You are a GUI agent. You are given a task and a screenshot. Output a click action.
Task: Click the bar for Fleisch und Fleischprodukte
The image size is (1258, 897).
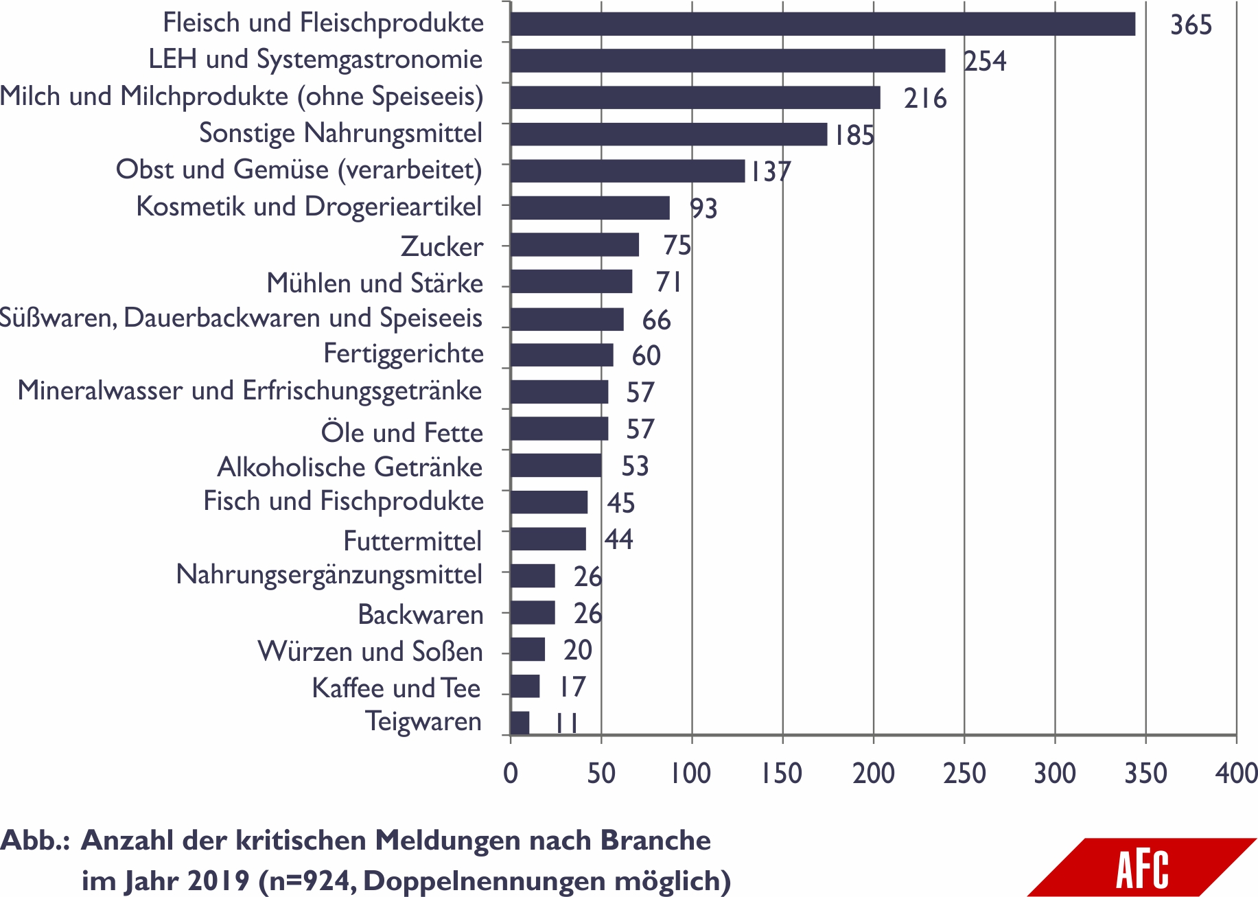(822, 24)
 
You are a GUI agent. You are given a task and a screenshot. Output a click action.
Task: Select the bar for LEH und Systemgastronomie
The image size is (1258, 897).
(727, 60)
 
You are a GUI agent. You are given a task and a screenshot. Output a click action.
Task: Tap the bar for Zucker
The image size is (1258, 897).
(574, 245)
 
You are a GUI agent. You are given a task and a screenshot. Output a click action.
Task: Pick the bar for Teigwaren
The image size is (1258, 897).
(520, 723)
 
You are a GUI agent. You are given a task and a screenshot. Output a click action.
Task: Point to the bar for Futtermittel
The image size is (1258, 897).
(548, 539)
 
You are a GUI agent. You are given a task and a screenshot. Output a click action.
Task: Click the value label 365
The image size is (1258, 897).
(1191, 25)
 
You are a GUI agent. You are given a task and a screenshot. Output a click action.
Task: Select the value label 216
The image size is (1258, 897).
(925, 99)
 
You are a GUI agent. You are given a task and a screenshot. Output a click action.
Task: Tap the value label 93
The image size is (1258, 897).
(703, 209)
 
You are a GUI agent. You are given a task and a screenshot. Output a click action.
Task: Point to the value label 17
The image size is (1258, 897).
(572, 687)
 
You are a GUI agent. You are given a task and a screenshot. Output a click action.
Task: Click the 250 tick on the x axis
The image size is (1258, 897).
(964, 773)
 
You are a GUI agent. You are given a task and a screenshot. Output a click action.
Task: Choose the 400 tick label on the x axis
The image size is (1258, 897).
(1236, 773)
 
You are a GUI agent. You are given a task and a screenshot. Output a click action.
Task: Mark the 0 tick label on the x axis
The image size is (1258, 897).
(511, 773)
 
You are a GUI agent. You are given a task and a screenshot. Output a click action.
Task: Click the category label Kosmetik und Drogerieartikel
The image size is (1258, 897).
(309, 207)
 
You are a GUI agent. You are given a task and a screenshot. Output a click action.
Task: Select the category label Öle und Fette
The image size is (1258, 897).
(401, 433)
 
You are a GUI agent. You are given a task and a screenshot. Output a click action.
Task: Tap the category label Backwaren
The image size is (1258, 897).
(420, 615)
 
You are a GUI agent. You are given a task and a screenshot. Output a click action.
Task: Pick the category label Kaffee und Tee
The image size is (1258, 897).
(396, 688)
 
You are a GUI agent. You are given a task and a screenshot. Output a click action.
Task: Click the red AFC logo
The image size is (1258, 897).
(1142, 868)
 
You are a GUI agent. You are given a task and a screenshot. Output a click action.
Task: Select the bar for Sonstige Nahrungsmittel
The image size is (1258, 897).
(668, 135)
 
